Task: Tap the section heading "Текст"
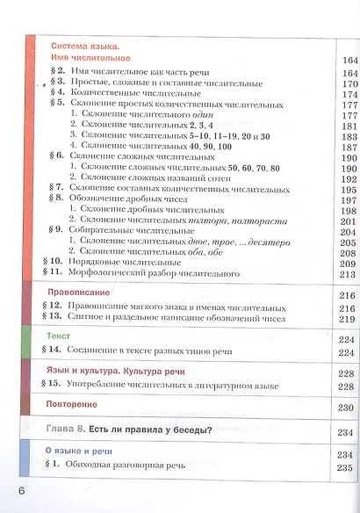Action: [58, 337]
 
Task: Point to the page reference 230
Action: [346, 408]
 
